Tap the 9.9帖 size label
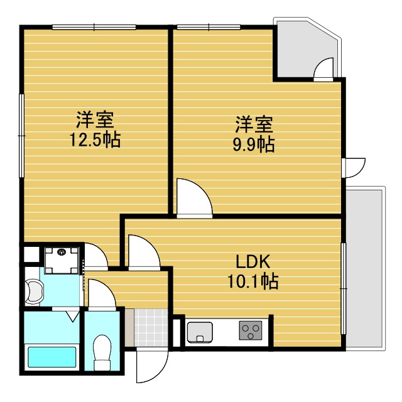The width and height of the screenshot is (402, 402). coord(254,144)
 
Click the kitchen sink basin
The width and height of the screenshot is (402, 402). coord(200,331)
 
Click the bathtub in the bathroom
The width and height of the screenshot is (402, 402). coord(53,358)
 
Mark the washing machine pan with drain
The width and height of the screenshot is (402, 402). coord(61,259)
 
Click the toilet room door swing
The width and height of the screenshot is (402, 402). coord(99,295)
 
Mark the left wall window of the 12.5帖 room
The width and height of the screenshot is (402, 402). coord(22,135)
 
